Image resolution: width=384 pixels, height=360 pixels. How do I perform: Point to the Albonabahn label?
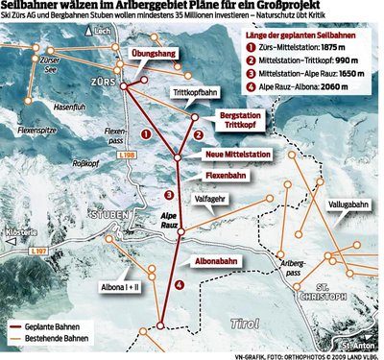pos(217,260)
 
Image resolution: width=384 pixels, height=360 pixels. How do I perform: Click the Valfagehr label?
pos(213,198)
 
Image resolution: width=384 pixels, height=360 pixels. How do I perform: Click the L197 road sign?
pos(39,252)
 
